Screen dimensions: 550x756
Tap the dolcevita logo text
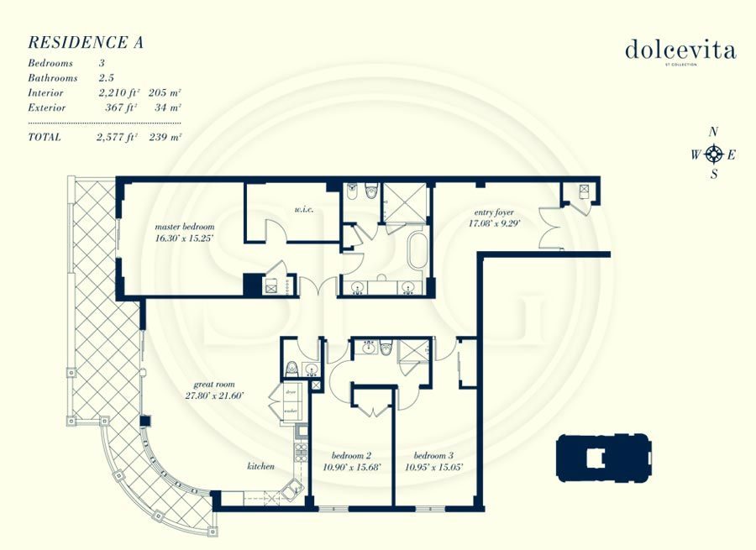pos(680,50)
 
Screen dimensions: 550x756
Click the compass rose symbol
pos(714,154)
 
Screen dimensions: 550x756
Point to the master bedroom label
pos(184,227)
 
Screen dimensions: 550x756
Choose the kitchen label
pos(260,465)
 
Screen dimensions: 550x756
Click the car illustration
pos(603,458)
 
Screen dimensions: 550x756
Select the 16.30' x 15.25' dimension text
pos(185,238)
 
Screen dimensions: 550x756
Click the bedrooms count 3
pos(102,64)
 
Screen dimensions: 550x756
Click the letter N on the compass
pos(714,132)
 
